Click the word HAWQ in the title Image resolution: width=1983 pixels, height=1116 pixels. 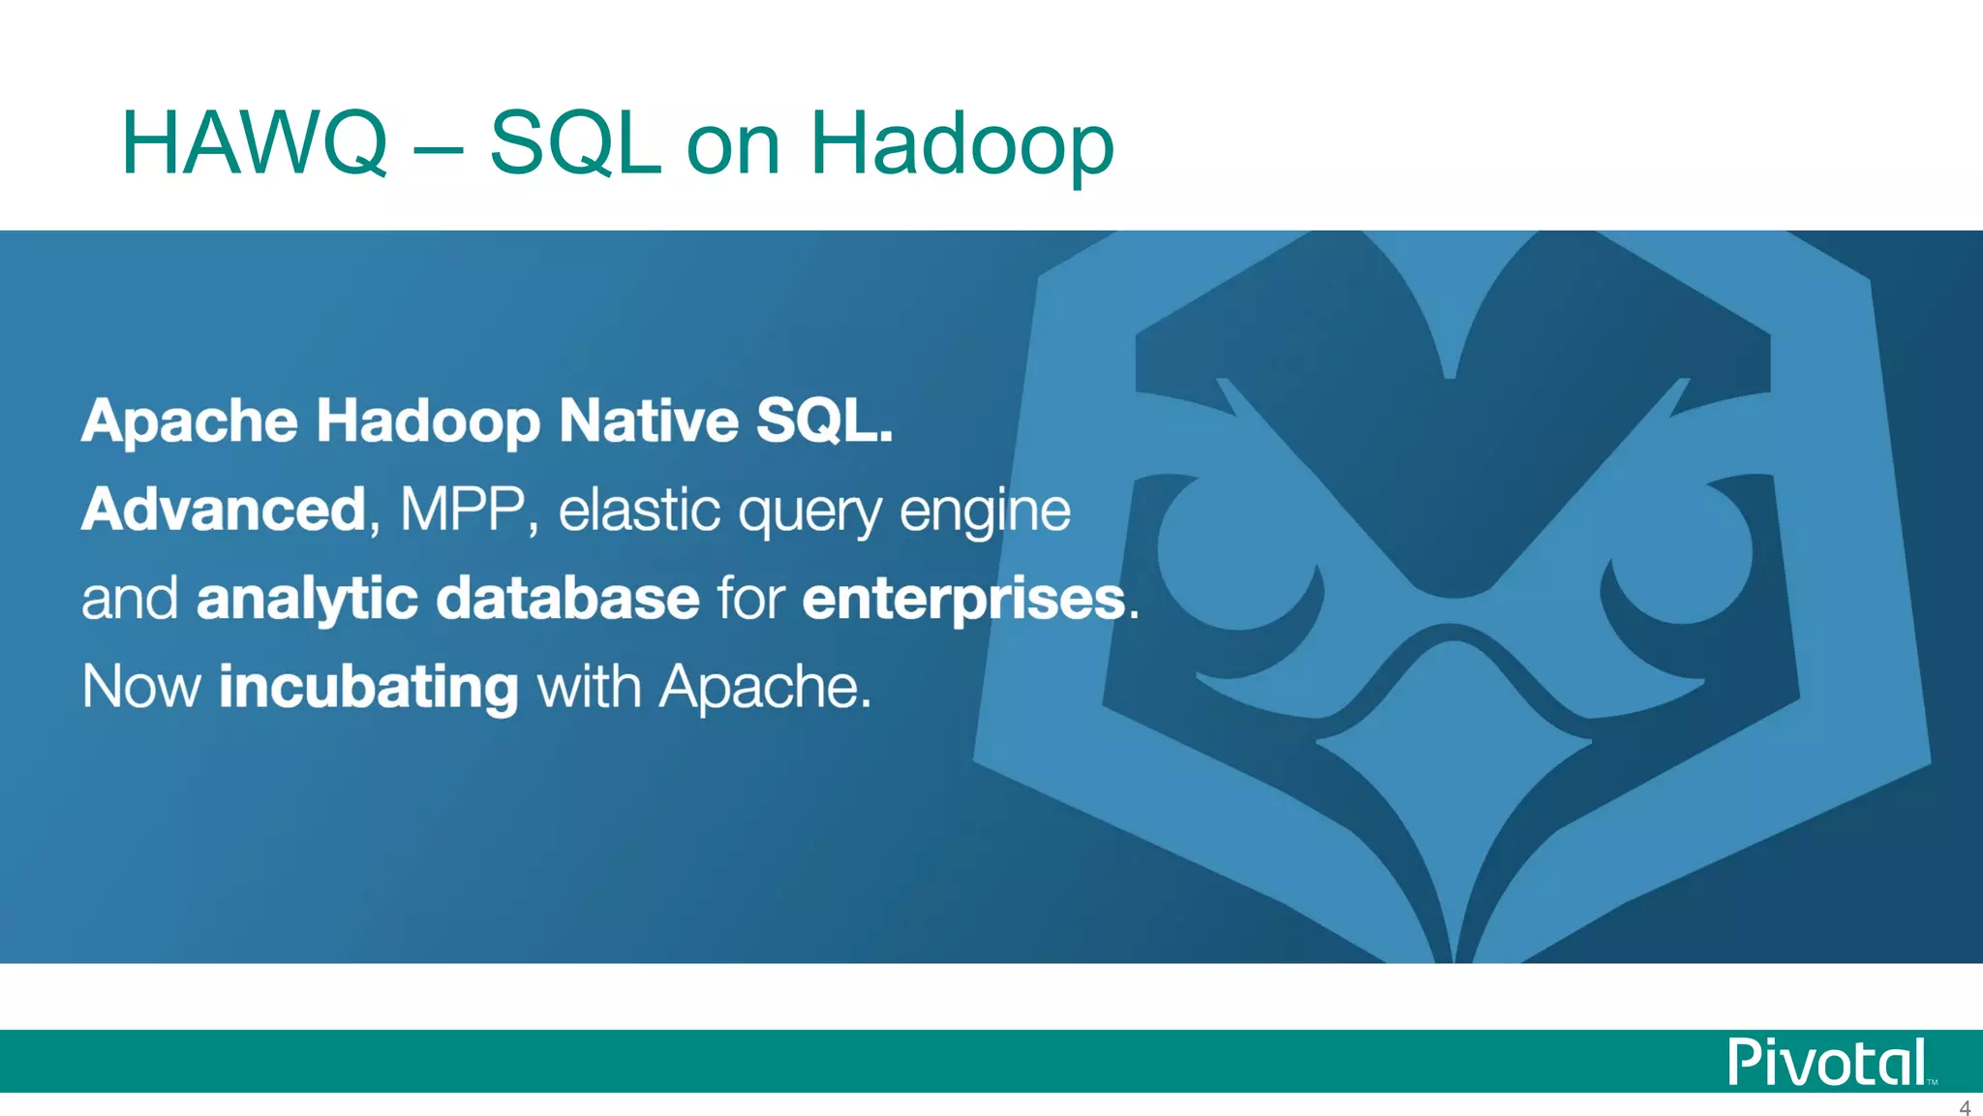254,143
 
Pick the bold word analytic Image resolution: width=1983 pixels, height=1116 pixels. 307,598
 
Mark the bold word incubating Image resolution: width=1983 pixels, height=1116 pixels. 369,687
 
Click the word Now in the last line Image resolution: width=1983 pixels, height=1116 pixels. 141,687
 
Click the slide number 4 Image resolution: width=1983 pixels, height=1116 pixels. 1965,1107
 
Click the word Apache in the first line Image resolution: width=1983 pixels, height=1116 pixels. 190,420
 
